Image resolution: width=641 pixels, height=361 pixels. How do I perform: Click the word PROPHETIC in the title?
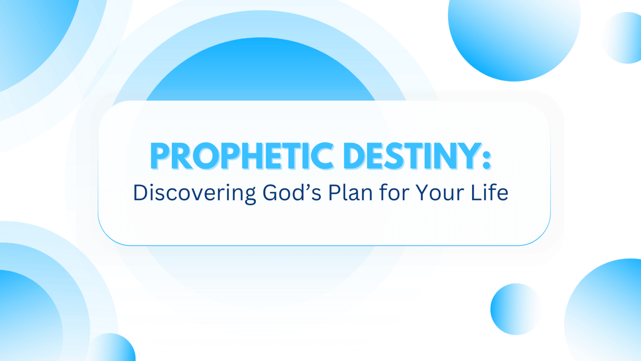242,156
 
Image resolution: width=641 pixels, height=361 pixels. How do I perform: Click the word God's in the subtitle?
292,192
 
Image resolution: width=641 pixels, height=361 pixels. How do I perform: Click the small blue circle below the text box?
515,309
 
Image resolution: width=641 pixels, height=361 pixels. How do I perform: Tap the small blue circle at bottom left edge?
113,347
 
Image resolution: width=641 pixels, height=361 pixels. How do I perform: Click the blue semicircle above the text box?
260,69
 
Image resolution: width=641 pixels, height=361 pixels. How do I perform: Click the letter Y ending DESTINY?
469,156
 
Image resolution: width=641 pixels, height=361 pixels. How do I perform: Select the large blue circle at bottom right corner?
604,311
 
